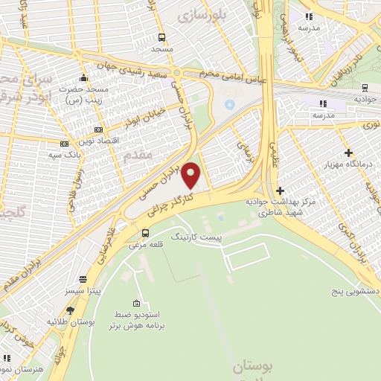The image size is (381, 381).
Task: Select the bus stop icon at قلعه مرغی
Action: click(x=144, y=233)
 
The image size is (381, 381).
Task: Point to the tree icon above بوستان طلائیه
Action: click(x=70, y=310)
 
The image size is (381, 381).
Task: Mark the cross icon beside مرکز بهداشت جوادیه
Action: click(x=280, y=191)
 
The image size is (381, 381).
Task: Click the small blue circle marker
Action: click(x=229, y=103)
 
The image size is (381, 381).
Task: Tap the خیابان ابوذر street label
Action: click(x=141, y=118)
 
